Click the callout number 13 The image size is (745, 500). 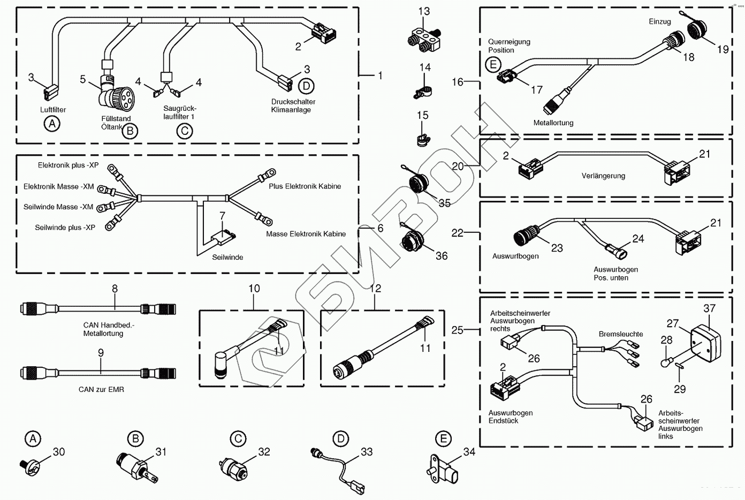[424, 11]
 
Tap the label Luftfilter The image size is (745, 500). [53, 110]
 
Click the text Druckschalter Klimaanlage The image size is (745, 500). [293, 105]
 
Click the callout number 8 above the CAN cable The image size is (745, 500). [115, 289]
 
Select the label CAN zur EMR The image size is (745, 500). [101, 389]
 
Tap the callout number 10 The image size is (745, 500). [254, 289]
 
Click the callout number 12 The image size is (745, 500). [376, 289]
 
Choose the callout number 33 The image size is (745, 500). [367, 452]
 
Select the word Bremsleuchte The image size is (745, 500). [621, 334]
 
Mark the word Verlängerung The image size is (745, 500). [603, 176]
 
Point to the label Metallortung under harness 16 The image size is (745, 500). [553, 123]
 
